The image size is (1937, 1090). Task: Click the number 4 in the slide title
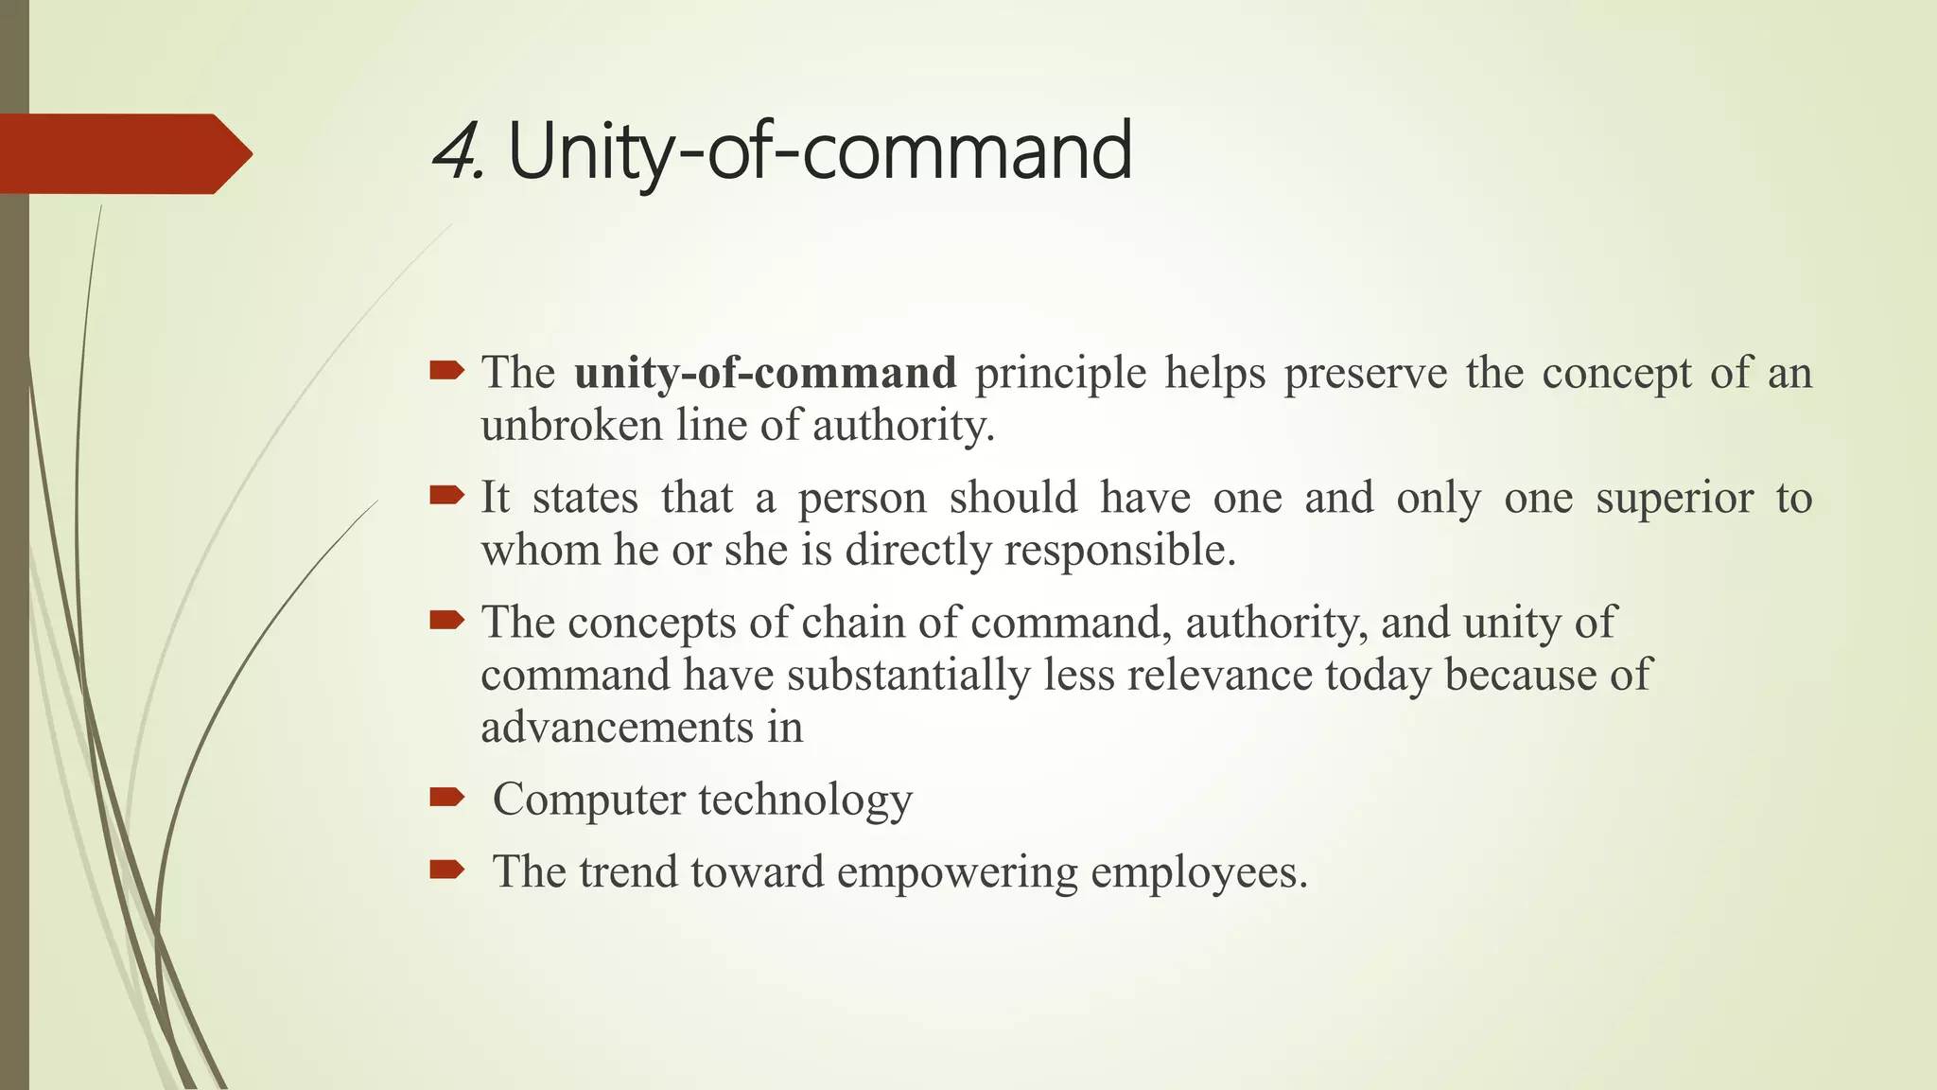(x=455, y=152)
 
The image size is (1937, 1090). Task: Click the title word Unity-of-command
(x=819, y=152)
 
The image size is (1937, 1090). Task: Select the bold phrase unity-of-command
(x=765, y=373)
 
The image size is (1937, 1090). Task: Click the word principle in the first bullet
(x=1060, y=373)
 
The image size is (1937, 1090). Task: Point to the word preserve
(x=1365, y=373)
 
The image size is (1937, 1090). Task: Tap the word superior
(x=1674, y=498)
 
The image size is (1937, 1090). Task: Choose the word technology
(x=805, y=800)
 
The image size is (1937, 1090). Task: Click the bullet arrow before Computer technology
(x=446, y=797)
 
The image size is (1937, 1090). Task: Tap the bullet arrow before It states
(x=446, y=495)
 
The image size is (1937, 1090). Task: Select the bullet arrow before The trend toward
(x=446, y=869)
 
